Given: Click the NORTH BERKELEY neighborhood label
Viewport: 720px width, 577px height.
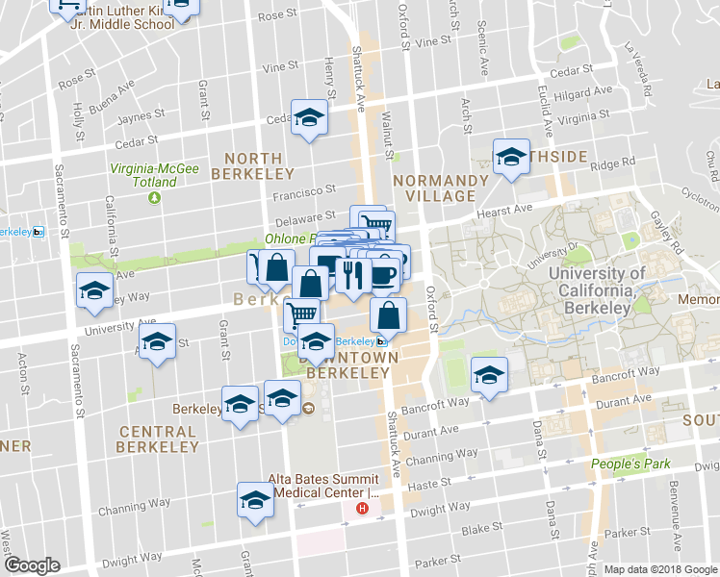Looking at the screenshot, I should click(253, 165).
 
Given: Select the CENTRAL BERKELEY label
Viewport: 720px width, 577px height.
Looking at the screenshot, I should click(158, 439).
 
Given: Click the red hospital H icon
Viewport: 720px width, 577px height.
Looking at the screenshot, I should click(362, 508).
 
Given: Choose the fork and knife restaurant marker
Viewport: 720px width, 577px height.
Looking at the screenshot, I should click(352, 276).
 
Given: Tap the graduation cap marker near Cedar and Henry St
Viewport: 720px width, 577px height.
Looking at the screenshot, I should click(309, 117).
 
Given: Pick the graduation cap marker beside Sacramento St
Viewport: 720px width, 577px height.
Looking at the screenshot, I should click(94, 290).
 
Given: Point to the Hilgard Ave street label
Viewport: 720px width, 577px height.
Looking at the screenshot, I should click(588, 91).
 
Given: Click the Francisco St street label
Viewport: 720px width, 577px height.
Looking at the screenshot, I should click(302, 190).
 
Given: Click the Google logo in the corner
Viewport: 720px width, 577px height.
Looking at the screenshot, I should click(32, 564).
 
